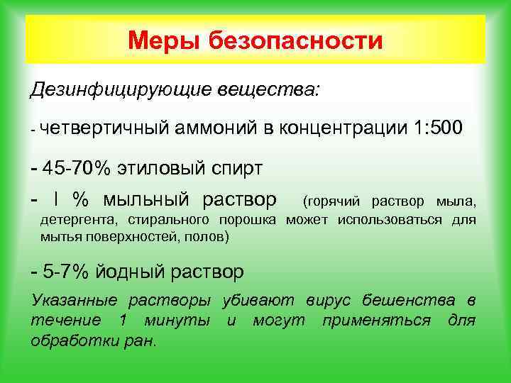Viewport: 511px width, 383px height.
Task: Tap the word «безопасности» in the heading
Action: coord(295,40)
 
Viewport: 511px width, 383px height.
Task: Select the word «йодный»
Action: coord(132,272)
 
